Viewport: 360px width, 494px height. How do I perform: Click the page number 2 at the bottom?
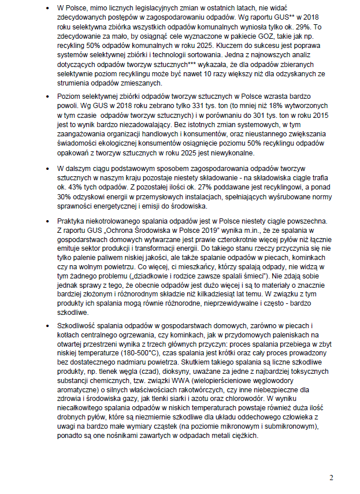(332, 477)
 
